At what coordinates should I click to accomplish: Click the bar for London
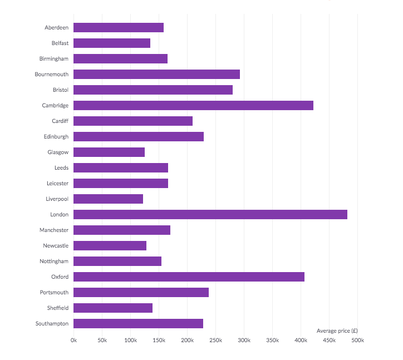pyautogui.click(x=210, y=214)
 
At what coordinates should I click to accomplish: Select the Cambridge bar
pyautogui.click(x=193, y=105)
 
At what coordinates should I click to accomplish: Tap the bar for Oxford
pyautogui.click(x=189, y=277)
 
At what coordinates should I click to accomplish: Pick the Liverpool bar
pyautogui.click(x=108, y=199)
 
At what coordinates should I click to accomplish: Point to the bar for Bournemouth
pyautogui.click(x=156, y=74)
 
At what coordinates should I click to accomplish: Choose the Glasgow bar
pyautogui.click(x=109, y=152)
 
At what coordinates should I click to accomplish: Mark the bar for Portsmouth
pyautogui.click(x=141, y=292)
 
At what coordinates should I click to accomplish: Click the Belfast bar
pyautogui.click(x=112, y=43)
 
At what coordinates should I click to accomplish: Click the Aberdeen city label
pyautogui.click(x=57, y=27)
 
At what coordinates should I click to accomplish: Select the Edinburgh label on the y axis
pyautogui.click(x=56, y=136)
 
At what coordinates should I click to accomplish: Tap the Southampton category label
pyautogui.click(x=52, y=323)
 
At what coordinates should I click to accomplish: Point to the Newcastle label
pyautogui.click(x=56, y=245)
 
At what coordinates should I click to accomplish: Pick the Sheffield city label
pyautogui.click(x=58, y=308)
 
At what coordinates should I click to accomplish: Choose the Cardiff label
pyautogui.click(x=60, y=121)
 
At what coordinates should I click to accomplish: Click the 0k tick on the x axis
pyautogui.click(x=73, y=340)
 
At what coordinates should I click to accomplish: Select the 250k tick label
pyautogui.click(x=215, y=340)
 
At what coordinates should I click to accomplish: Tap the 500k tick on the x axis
pyautogui.click(x=357, y=340)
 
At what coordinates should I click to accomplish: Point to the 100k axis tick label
pyautogui.click(x=130, y=340)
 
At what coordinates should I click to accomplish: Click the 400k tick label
pyautogui.click(x=301, y=340)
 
